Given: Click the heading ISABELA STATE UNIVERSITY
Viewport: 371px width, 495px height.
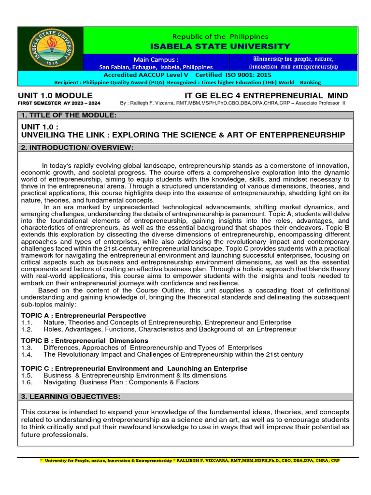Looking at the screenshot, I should (x=221, y=46).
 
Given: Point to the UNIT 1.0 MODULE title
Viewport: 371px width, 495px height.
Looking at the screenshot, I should (x=55, y=95).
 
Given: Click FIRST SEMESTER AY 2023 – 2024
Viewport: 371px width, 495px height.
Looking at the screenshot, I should (x=59, y=103).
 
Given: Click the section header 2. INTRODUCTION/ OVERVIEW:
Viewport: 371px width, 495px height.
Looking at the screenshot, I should (x=77, y=147).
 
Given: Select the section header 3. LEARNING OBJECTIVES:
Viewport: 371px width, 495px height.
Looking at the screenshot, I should (x=71, y=396).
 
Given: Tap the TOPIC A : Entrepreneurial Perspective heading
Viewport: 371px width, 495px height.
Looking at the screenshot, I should (x=84, y=315).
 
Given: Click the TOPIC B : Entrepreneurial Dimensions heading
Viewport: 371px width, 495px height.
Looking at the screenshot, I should (x=85, y=340).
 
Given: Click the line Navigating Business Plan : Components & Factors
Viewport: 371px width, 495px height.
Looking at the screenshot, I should (x=121, y=382).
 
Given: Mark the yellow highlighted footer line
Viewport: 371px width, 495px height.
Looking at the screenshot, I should (x=189, y=461).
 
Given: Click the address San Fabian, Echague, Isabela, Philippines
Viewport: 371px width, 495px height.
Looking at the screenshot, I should (x=156, y=67).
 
